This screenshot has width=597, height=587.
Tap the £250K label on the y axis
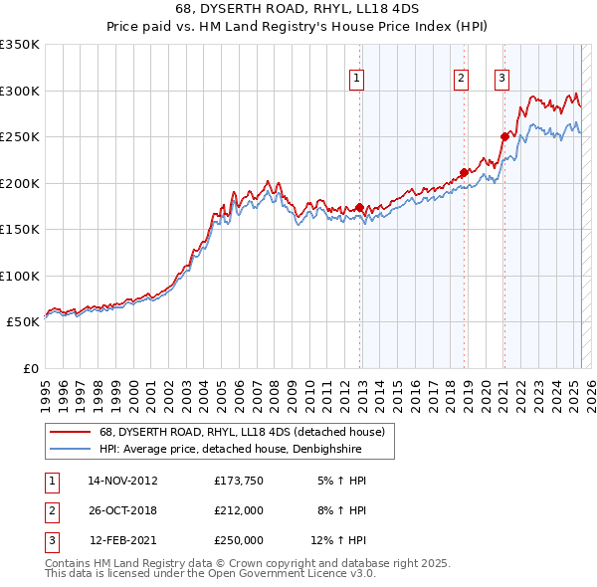[x=20, y=136]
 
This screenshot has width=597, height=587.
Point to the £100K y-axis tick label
[x=20, y=276]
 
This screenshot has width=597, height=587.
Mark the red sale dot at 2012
[x=360, y=208]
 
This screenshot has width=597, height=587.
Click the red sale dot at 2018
[x=465, y=172]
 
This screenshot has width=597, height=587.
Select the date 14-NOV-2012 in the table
[x=122, y=481]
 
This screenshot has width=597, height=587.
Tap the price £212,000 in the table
[x=239, y=510]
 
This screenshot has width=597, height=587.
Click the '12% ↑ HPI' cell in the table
[x=339, y=540]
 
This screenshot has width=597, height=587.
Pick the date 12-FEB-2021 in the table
[x=122, y=540]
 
